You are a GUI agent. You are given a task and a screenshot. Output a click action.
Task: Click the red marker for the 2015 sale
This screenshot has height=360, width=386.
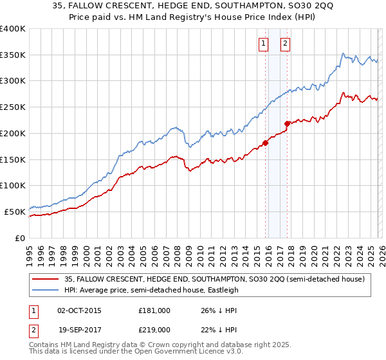(x=265, y=143)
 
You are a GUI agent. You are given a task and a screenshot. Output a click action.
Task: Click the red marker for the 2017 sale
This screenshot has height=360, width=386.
(x=288, y=123)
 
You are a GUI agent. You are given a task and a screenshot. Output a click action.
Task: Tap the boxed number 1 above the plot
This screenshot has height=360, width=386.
(x=264, y=44)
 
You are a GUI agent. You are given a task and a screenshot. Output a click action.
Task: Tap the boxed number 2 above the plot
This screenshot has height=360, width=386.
(x=284, y=44)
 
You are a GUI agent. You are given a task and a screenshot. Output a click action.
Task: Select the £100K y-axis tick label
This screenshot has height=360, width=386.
(x=13, y=185)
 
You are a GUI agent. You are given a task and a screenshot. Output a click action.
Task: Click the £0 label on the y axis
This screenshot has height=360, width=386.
(x=19, y=238)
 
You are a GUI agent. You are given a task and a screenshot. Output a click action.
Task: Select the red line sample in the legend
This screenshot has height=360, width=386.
(x=46, y=279)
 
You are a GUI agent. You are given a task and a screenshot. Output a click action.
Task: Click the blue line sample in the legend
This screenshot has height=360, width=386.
(x=46, y=290)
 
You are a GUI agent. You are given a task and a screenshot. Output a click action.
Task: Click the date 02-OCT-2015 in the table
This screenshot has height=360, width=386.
(x=79, y=310)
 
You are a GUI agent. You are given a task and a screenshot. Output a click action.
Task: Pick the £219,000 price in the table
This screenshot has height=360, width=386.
(x=154, y=328)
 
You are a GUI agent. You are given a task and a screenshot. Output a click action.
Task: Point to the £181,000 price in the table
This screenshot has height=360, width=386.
(x=154, y=310)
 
